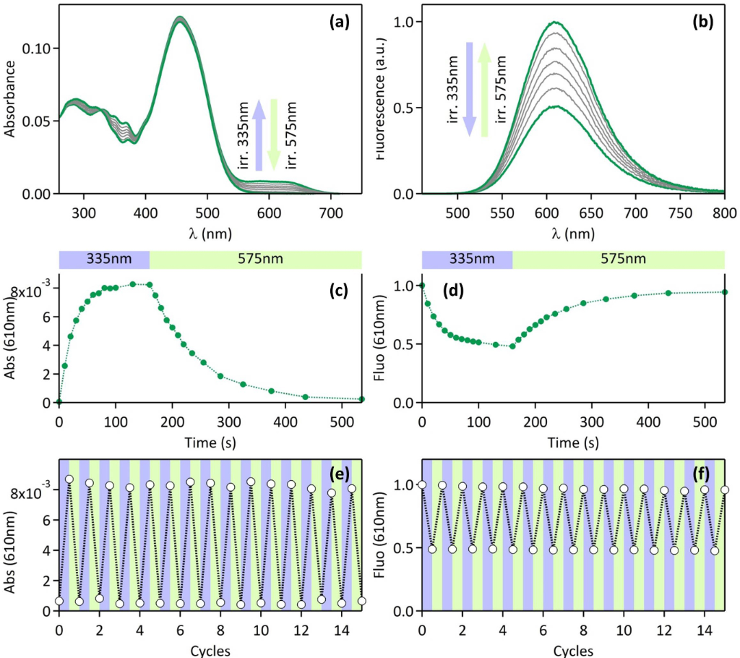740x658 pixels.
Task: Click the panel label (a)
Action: tap(339, 22)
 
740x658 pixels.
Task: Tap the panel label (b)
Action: tap(702, 22)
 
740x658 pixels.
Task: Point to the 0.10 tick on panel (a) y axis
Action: tap(39, 48)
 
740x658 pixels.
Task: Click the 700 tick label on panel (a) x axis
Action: tap(331, 213)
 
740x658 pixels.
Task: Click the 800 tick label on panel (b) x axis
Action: tap(723, 213)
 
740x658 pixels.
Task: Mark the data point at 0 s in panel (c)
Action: tap(59, 401)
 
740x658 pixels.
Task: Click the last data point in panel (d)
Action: tap(724, 292)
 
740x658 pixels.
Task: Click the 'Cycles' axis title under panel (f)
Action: tap(573, 650)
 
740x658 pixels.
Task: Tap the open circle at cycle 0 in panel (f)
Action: tap(422, 484)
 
